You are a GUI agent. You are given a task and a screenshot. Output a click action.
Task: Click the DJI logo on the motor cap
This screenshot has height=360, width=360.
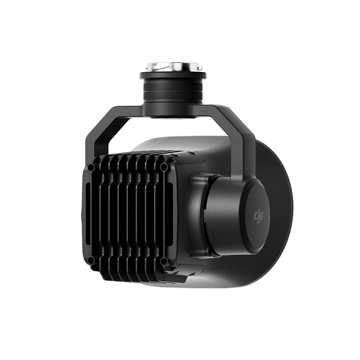point(259,216)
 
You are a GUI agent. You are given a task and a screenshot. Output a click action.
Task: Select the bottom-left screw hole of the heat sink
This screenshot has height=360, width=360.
point(91,261)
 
